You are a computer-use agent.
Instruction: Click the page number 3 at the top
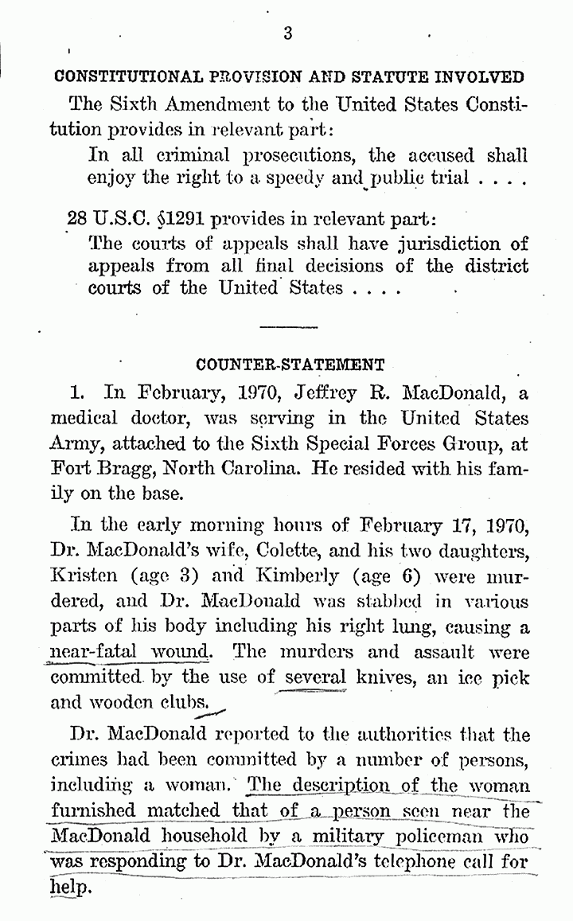(x=287, y=33)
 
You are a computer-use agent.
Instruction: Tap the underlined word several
(x=316, y=677)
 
